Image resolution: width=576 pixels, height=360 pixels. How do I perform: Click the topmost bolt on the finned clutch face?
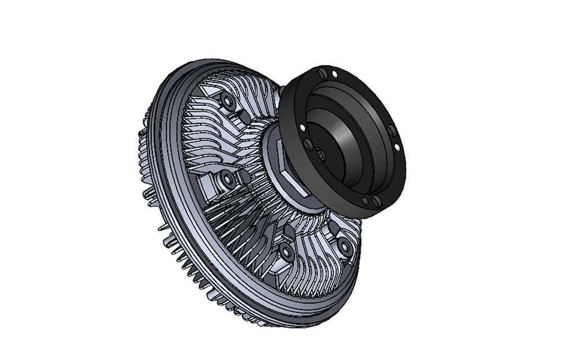click(228, 102)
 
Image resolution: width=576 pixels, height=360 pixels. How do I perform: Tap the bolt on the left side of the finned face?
click(228, 180)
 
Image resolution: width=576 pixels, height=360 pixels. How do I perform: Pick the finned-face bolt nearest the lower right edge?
click(345, 246)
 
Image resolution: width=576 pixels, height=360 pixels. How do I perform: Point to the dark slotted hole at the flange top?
click(322, 74)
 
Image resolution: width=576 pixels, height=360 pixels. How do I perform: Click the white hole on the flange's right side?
click(397, 147)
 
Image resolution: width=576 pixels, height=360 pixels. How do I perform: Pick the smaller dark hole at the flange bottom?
click(365, 200)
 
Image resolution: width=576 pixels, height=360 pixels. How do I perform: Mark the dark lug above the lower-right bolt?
click(335, 227)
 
